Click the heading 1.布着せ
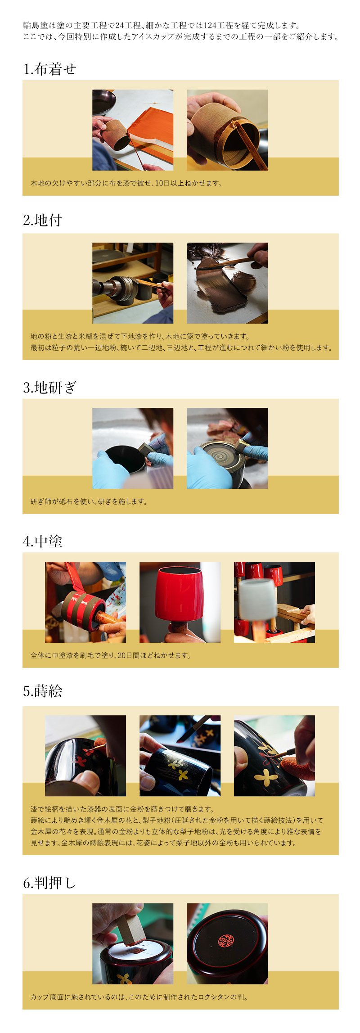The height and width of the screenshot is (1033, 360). pos(49,69)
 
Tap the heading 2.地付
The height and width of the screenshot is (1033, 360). pos(42,220)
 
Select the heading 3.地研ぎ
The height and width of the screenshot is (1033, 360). pos(49,387)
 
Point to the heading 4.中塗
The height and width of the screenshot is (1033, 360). pos(42,541)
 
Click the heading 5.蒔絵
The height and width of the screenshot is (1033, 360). pos(42,691)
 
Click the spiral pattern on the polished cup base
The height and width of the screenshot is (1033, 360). pos(220,457)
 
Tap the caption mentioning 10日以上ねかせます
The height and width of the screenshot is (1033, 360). pos(126,183)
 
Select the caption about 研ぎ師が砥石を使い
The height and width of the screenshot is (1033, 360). pos(89,501)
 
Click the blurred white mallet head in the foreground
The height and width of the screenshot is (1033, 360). pos(257,599)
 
